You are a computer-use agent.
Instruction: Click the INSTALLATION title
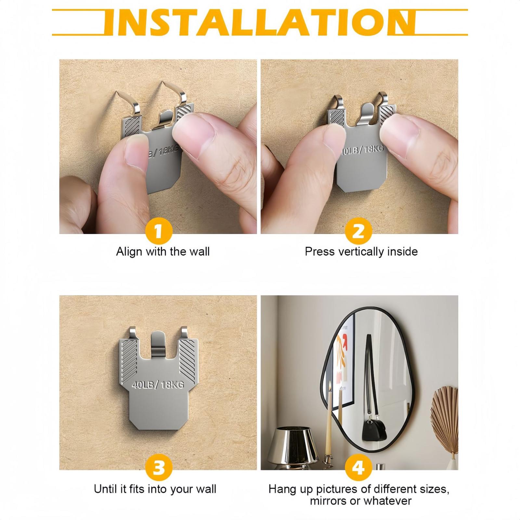point(260,22)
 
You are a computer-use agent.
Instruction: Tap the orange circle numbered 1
point(158,231)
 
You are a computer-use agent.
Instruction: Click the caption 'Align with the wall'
point(163,252)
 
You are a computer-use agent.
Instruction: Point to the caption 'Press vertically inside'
point(361,252)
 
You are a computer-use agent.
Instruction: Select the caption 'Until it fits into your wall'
point(155,489)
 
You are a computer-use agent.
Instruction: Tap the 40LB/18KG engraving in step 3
point(158,385)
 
